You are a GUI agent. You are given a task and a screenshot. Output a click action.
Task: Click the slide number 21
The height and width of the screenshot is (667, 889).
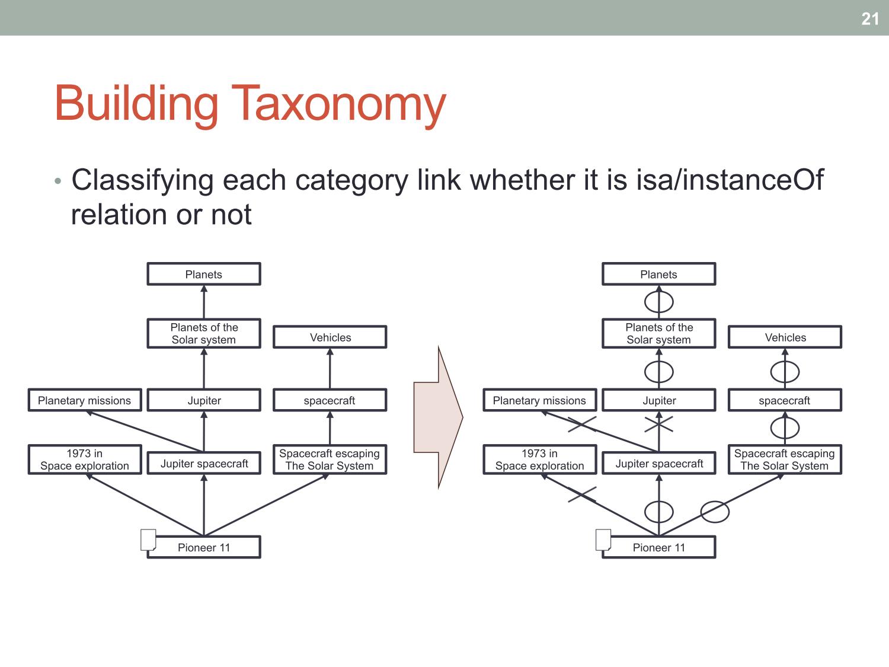click(870, 19)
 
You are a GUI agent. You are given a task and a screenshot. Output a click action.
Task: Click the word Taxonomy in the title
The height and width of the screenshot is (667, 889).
click(338, 104)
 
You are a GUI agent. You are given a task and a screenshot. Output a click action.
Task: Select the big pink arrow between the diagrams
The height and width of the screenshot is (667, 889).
click(438, 417)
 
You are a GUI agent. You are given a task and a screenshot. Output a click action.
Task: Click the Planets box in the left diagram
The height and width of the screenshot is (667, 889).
click(204, 274)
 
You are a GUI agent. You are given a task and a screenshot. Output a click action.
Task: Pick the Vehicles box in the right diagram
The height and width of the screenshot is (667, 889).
click(785, 337)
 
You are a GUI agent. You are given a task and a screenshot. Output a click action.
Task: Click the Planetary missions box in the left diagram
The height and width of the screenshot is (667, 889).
click(85, 400)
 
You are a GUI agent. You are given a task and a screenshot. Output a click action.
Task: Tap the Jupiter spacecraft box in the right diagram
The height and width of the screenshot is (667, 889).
click(659, 463)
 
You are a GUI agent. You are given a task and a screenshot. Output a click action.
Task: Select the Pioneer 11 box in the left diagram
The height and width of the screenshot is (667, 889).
click(204, 547)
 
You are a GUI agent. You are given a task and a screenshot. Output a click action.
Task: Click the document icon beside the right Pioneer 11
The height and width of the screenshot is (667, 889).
click(603, 540)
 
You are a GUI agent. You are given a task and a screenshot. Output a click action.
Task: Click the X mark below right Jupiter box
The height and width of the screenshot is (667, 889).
click(659, 424)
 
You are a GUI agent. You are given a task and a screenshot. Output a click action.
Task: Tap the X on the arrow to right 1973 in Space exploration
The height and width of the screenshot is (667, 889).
click(582, 494)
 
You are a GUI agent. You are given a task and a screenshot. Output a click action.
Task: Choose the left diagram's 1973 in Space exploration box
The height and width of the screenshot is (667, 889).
click(85, 459)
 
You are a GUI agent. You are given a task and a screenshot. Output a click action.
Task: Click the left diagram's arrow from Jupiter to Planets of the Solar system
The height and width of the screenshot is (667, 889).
click(204, 368)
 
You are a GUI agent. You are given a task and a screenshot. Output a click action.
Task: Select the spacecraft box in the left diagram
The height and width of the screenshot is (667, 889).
click(330, 400)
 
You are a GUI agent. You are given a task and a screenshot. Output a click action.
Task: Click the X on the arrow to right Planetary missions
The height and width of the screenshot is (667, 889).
click(582, 424)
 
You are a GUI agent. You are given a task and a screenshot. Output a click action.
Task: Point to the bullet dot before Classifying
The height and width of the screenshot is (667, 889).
click(58, 181)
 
